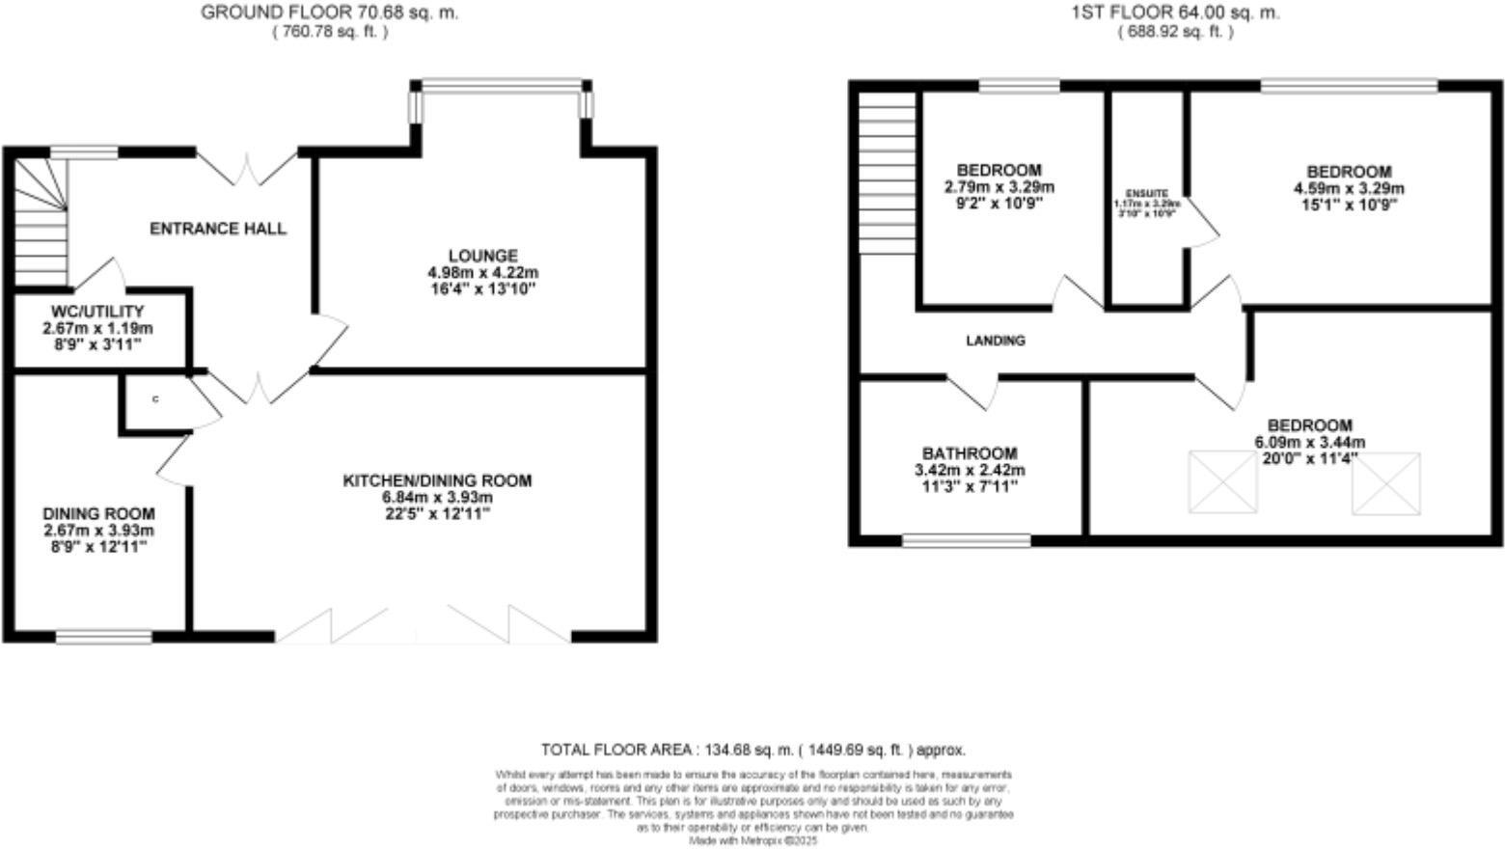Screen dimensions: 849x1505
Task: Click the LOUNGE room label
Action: coord(482,256)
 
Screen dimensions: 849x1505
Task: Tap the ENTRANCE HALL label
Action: coord(218,229)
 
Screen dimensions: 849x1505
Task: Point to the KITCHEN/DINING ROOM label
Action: coord(437,480)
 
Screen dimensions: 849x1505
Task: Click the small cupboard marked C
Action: coord(154,399)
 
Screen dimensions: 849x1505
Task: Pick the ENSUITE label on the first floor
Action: coord(1147,194)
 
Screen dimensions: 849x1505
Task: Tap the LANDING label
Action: coord(996,341)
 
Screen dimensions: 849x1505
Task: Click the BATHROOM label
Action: coord(970,453)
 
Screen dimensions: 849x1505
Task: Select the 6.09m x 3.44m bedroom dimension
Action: coord(1309,443)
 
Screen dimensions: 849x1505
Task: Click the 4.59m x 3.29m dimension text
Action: coord(1349,188)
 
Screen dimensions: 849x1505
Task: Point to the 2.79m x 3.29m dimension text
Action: coord(999,187)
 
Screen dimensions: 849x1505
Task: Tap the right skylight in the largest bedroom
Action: coord(1386,481)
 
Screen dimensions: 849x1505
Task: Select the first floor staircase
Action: coord(888,174)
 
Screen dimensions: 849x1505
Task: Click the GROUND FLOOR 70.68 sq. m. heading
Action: coord(329,14)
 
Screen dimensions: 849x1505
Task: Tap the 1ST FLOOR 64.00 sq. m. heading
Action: coord(1175,14)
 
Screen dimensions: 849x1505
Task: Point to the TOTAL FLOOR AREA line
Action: coord(752,750)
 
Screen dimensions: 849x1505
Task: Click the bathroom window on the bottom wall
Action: coord(966,541)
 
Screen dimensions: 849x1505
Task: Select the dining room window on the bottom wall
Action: coord(103,637)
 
